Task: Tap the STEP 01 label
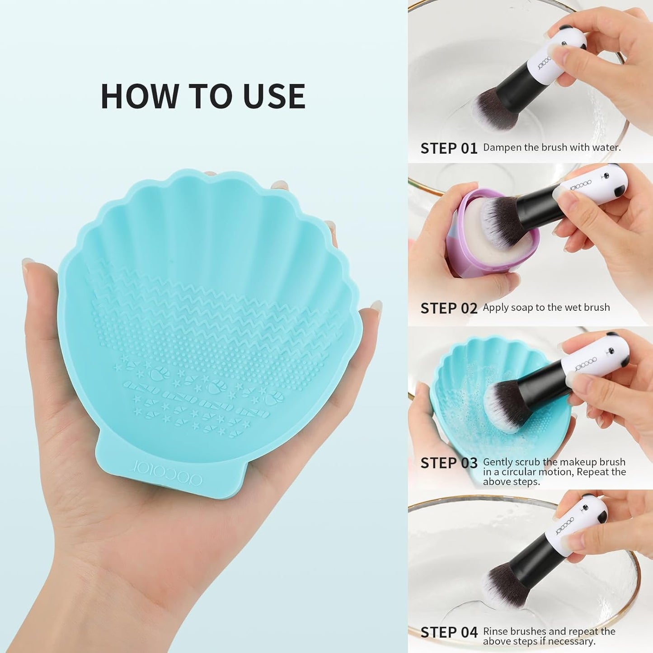click(449, 148)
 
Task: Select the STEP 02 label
click(449, 308)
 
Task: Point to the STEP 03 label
click(449, 463)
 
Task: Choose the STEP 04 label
click(449, 632)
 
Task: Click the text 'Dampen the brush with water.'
click(552, 147)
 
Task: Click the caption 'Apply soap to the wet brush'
click(546, 307)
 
